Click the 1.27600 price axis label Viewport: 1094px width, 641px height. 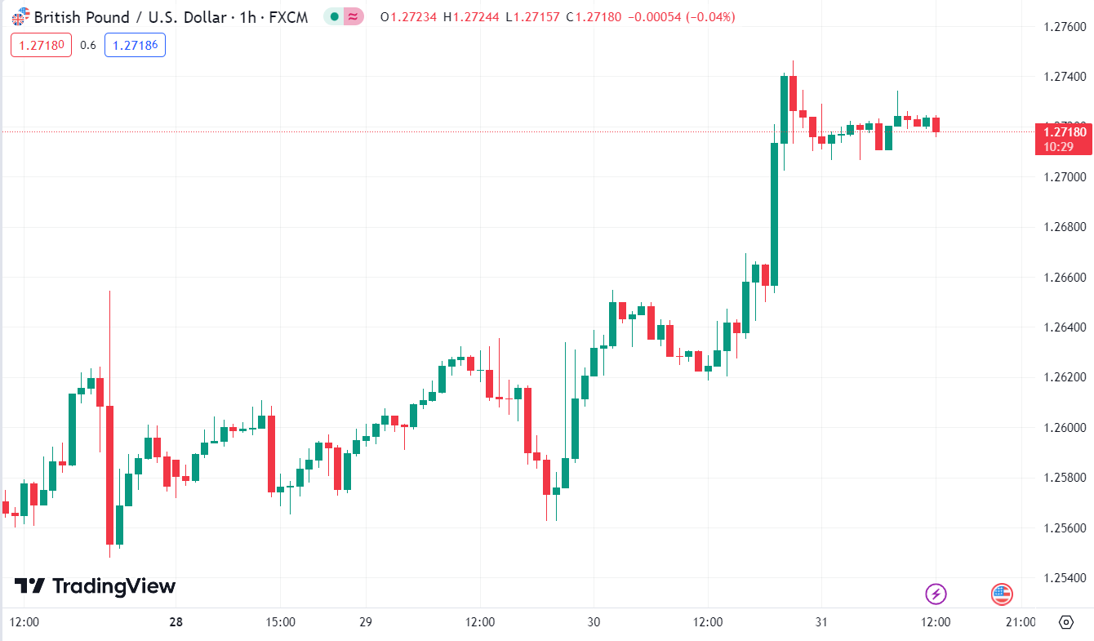(x=1065, y=27)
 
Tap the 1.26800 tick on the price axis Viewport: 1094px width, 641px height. (x=1065, y=227)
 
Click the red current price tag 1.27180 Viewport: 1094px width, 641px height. (x=1062, y=132)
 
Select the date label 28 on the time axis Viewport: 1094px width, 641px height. (x=176, y=622)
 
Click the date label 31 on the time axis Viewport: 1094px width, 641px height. (x=821, y=622)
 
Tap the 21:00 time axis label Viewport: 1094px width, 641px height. (x=1020, y=622)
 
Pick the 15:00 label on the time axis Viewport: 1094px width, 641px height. (x=280, y=622)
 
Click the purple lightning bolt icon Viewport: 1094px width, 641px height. (x=936, y=594)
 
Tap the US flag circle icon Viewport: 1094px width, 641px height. (x=1002, y=594)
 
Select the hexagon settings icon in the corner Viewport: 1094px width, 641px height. (x=1065, y=622)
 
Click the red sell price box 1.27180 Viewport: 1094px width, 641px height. (x=41, y=45)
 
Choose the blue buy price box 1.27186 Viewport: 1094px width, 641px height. (x=135, y=45)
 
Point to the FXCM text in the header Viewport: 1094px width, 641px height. (x=289, y=16)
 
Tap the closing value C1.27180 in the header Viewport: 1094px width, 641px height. (x=600, y=16)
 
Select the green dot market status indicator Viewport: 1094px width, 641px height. (x=334, y=16)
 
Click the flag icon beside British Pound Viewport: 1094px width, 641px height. (x=20, y=16)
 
